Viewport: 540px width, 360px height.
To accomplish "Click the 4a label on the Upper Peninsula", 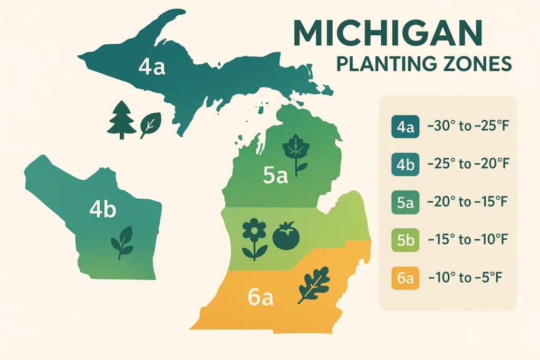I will point(152,67).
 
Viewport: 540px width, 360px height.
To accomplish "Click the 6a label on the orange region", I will point(261,298).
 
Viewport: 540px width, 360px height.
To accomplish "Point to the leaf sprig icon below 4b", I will point(122,241).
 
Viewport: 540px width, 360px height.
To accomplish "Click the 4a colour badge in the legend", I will point(405,127).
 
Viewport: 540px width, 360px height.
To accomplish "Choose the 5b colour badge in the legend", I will point(405,240).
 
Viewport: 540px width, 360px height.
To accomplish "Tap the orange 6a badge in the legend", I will point(405,278).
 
